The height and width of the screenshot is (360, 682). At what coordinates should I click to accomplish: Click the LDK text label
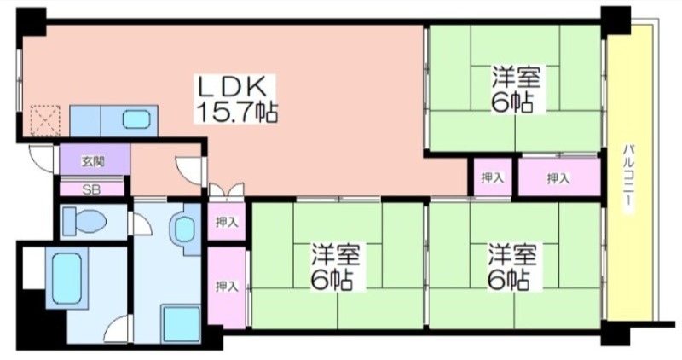232,87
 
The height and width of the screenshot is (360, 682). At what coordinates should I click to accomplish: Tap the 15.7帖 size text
237,112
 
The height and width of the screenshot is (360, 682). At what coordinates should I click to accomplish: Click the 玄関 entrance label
93,162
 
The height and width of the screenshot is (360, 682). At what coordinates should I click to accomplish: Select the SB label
92,189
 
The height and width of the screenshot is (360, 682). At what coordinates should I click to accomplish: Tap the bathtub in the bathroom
67,279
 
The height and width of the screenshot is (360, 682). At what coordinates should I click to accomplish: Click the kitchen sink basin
136,119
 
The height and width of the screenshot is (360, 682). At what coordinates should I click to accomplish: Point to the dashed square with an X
45,120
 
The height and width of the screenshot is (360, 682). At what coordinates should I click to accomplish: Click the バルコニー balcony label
628,179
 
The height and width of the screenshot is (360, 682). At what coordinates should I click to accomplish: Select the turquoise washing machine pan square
181,324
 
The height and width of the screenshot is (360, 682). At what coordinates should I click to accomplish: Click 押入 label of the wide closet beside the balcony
558,178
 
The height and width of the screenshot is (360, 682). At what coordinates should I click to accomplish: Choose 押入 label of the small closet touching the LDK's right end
493,177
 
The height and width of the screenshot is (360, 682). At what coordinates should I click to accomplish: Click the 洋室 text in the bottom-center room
335,255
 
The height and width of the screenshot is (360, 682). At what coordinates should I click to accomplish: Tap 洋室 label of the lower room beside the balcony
512,255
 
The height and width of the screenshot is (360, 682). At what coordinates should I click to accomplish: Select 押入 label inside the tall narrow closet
227,287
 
